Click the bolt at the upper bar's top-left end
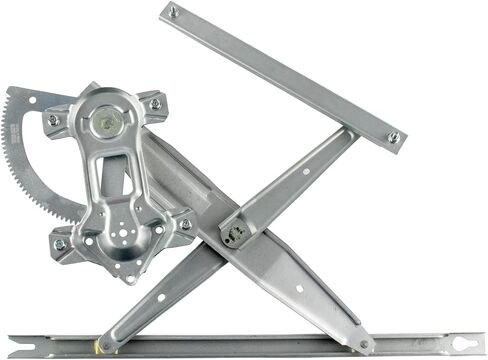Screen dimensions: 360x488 click(x=173, y=13)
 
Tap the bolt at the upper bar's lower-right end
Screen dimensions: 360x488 click(x=393, y=137)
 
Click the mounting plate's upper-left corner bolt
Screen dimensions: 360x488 click(x=53, y=120)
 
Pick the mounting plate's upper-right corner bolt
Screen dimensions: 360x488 click(x=154, y=103)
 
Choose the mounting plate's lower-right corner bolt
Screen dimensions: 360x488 click(x=185, y=225)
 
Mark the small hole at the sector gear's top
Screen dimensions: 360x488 click(x=32, y=100)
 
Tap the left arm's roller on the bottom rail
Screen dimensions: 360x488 click(x=107, y=345)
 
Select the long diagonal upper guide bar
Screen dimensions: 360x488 click(x=283, y=74)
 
